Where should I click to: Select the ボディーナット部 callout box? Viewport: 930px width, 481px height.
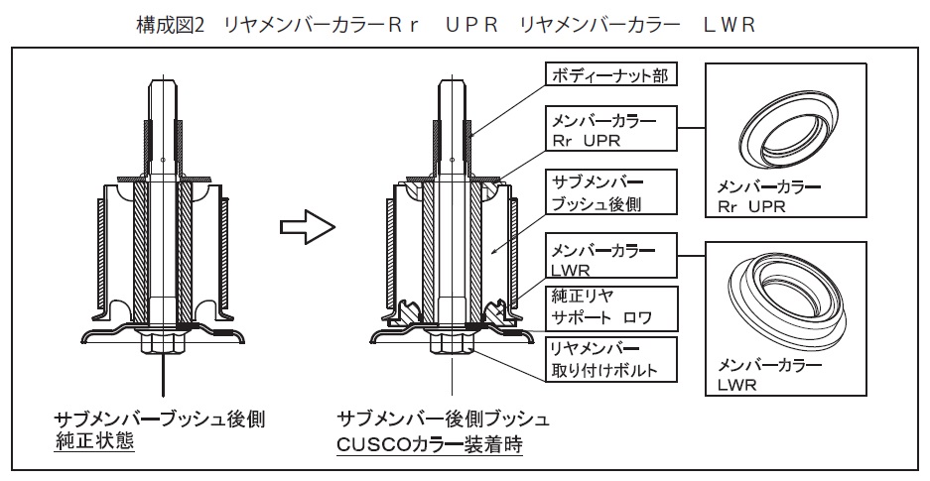pos(609,76)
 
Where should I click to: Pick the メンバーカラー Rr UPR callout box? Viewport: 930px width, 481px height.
pos(608,130)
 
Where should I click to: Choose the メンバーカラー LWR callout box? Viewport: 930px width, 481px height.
pos(608,257)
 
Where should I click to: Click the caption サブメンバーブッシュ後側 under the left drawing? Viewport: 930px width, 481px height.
pos(159,418)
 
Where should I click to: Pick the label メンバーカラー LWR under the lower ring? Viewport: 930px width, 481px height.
pos(755,373)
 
